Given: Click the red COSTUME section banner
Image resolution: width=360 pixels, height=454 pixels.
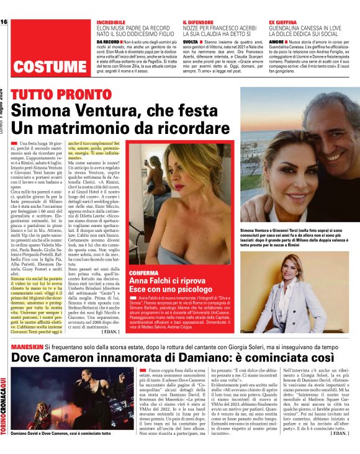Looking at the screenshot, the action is (x=48, y=66).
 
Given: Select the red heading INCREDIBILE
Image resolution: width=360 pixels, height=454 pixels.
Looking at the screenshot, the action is (x=115, y=22).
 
